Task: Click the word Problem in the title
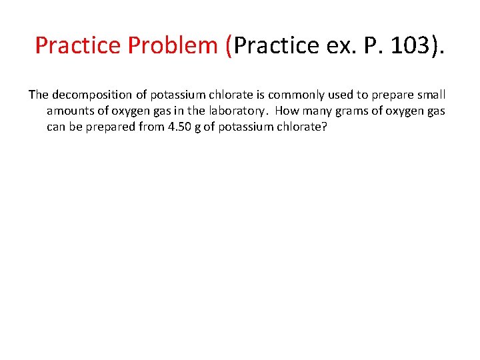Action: pyautogui.click(x=176, y=45)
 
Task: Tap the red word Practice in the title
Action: pyautogui.click(x=79, y=45)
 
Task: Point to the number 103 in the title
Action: pyautogui.click(x=409, y=45)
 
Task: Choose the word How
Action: pyautogui.click(x=287, y=111)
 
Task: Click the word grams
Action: pyautogui.click(x=355, y=111)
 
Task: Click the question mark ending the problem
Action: pyautogui.click(x=324, y=127)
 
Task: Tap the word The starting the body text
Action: pyautogui.click(x=38, y=95)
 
